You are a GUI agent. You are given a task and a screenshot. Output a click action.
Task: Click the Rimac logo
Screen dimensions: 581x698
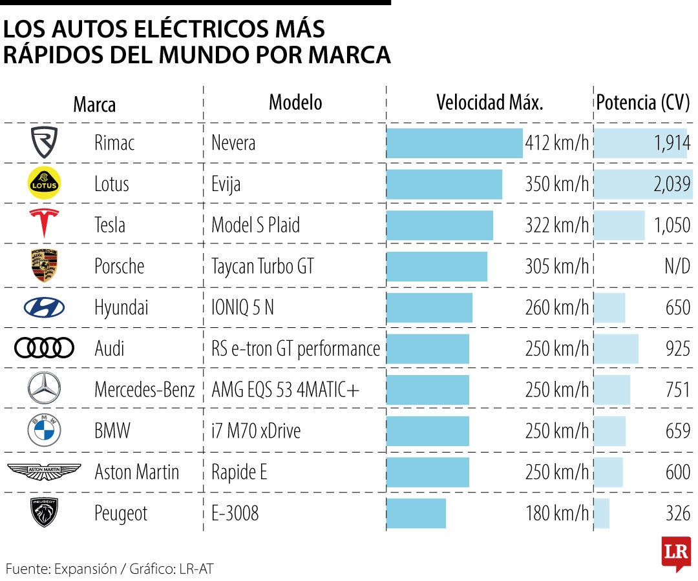click(44, 143)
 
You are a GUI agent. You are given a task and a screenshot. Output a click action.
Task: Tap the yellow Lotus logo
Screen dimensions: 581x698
click(44, 184)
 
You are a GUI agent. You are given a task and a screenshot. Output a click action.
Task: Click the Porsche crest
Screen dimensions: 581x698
click(44, 266)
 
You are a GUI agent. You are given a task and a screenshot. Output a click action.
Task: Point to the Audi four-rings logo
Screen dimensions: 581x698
click(44, 349)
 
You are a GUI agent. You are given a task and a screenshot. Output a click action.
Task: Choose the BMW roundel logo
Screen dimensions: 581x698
click(44, 431)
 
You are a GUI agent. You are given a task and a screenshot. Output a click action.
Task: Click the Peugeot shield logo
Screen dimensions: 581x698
click(44, 513)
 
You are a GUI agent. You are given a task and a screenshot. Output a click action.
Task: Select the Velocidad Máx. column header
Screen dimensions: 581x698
click(489, 103)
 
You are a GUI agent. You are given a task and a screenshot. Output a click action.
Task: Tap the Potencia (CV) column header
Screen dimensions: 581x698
click(643, 103)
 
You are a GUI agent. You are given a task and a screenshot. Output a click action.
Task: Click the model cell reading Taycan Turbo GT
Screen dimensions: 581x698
click(262, 266)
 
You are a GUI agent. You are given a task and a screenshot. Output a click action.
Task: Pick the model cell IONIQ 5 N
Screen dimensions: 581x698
click(242, 307)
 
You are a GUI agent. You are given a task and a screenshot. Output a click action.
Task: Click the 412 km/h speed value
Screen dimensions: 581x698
click(557, 143)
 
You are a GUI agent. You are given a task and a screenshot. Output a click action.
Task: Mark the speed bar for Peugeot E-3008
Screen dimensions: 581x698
click(416, 513)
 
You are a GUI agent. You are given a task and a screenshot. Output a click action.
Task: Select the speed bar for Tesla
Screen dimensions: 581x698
click(439, 225)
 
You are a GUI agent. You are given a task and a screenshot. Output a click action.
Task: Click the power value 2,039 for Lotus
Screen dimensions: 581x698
click(672, 184)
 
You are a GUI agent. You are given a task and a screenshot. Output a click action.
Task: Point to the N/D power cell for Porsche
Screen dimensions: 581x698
click(677, 266)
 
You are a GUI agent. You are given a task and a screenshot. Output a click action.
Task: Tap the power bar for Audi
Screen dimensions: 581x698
click(616, 349)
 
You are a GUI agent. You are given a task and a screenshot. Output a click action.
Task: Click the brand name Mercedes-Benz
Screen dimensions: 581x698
click(144, 390)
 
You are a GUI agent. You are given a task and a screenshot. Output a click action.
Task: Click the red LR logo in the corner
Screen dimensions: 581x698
click(675, 553)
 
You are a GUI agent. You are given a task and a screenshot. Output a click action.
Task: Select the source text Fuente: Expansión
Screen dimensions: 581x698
click(61, 569)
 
